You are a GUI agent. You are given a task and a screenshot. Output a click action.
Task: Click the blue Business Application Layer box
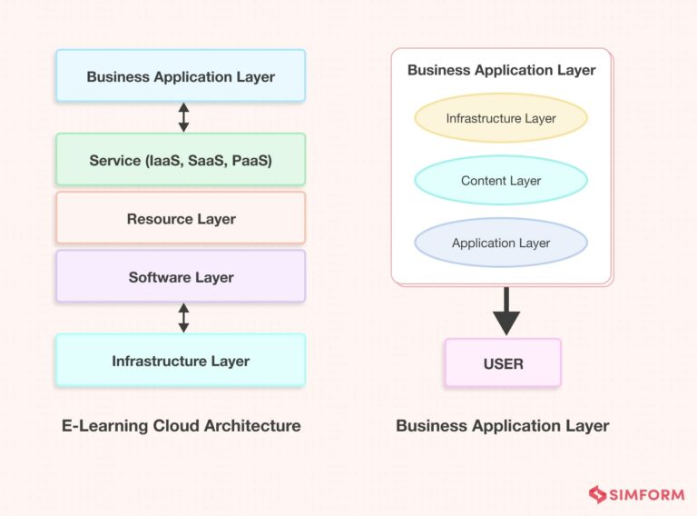(181, 76)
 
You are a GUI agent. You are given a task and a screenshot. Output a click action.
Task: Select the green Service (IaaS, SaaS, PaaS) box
(181, 160)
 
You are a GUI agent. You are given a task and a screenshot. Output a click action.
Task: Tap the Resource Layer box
(181, 218)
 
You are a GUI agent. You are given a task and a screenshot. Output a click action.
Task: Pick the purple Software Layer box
(181, 277)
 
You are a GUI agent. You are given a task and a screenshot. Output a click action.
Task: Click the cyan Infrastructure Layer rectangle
(181, 361)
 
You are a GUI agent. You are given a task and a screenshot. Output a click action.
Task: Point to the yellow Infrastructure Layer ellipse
(501, 118)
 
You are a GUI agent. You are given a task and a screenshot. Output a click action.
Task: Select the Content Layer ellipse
(501, 181)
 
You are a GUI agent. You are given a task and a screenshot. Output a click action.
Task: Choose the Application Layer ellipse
(501, 243)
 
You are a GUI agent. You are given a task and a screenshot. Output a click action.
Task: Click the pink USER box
(503, 363)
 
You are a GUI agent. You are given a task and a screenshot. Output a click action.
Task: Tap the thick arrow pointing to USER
(506, 312)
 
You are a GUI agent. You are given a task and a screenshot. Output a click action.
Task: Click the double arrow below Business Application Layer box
(183, 117)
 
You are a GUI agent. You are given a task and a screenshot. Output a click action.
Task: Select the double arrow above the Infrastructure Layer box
(183, 318)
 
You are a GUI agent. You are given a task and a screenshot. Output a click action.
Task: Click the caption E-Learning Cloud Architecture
(181, 425)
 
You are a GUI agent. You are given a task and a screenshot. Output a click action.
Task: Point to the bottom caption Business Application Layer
(502, 425)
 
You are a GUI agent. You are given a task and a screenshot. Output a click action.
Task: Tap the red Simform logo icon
(598, 494)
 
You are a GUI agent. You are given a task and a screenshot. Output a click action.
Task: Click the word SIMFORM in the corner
(643, 494)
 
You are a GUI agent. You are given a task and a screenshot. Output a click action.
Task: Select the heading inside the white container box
(501, 70)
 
